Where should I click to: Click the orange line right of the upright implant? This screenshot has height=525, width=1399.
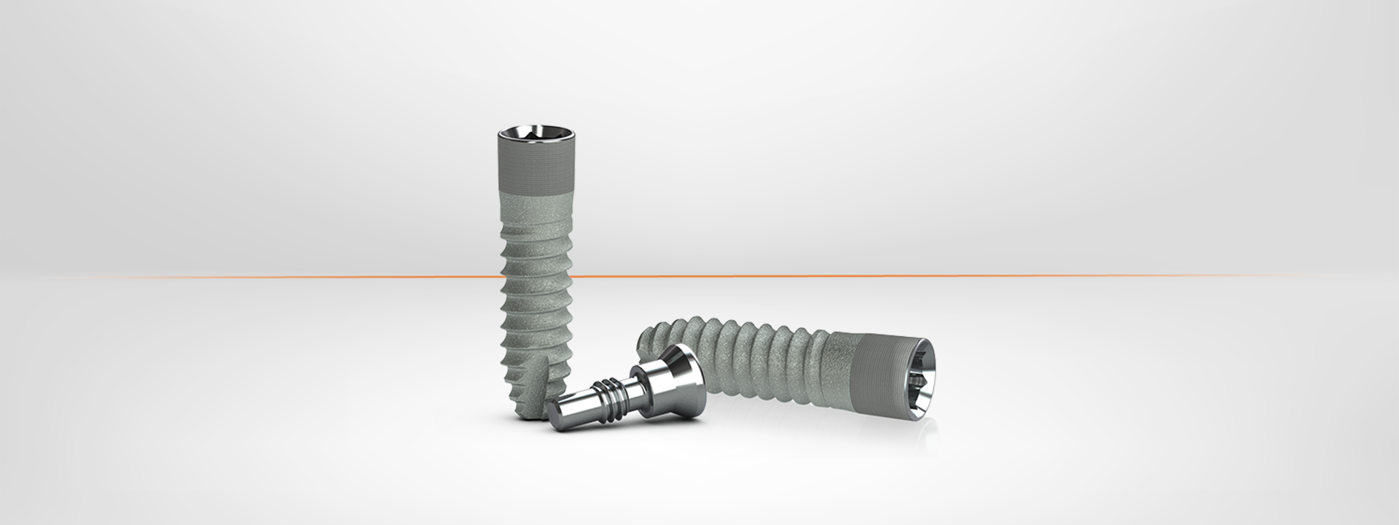pyautogui.click(x=874, y=276)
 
